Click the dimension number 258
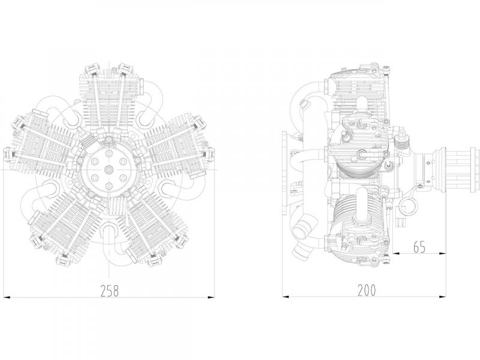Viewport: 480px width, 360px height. click(109, 291)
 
